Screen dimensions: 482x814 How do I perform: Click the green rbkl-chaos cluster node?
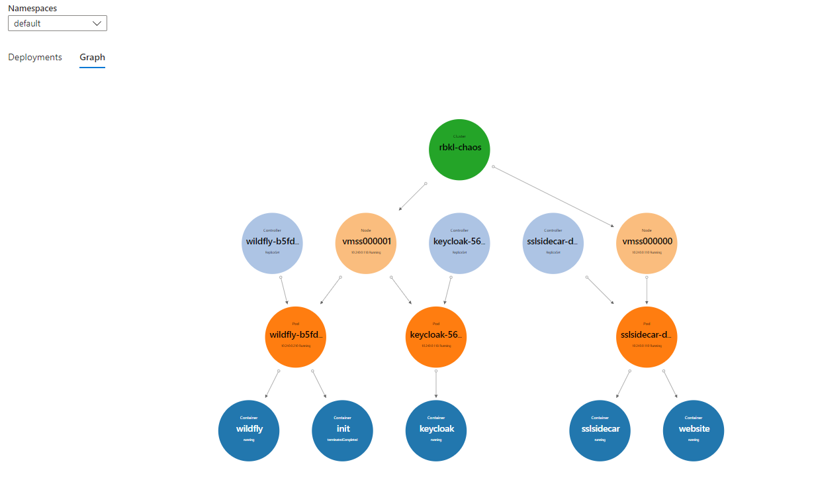tap(459, 149)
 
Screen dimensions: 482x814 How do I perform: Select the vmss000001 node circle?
tap(366, 243)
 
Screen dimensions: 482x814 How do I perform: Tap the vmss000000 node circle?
tap(647, 243)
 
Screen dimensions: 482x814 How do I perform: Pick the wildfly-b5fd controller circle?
tap(273, 243)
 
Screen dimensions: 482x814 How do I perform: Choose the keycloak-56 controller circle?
tap(459, 243)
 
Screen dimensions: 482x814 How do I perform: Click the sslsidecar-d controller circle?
tap(553, 243)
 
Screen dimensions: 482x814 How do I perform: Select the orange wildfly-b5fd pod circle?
tap(296, 336)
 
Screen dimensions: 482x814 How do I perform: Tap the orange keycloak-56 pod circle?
tap(435, 336)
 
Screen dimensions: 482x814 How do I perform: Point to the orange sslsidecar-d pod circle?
tap(647, 336)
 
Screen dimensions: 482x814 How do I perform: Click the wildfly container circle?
tap(249, 430)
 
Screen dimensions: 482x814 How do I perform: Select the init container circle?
tap(342, 430)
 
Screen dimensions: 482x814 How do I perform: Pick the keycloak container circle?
tap(435, 430)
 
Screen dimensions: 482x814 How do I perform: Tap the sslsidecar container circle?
tap(600, 430)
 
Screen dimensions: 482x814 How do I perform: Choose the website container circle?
tap(693, 430)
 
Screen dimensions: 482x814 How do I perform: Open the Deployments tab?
tap(35, 58)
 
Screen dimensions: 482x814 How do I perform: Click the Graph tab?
tap(92, 58)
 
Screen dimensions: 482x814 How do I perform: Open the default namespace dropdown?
tap(58, 23)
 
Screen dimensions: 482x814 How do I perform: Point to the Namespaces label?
tap(32, 8)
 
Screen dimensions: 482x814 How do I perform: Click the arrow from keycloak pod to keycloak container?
tap(435, 384)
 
